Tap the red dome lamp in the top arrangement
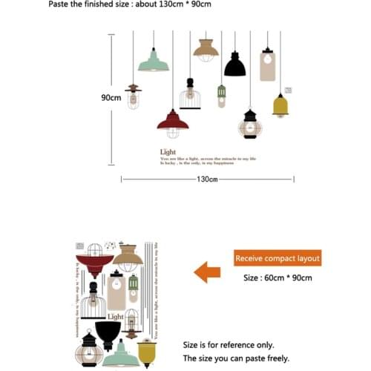(172, 120)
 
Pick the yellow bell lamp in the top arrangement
(280, 106)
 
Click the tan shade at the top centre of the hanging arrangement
(206, 49)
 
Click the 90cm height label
(111, 97)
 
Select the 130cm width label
(208, 179)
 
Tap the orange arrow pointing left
(207, 272)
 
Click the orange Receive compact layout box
(278, 258)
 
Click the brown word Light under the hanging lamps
(168, 152)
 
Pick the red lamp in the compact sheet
(94, 263)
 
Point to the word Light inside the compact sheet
(116, 316)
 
